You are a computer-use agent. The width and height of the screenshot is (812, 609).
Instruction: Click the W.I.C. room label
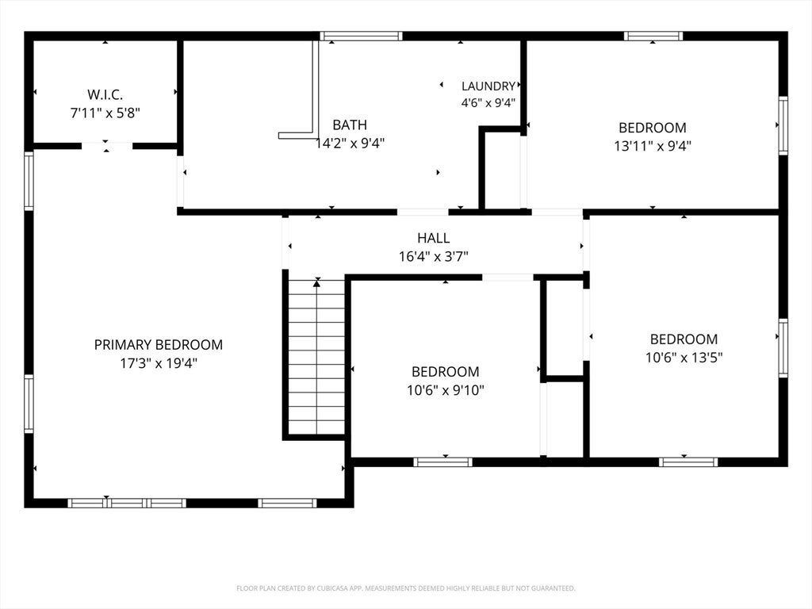click(x=105, y=95)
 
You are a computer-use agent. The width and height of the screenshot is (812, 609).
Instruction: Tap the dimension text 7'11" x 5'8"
click(x=105, y=113)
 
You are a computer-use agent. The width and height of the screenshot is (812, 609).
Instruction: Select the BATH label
click(x=350, y=124)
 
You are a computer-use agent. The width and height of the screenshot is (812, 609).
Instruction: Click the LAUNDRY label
click(x=488, y=86)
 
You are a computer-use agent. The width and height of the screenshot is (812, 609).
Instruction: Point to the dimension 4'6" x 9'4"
click(x=488, y=102)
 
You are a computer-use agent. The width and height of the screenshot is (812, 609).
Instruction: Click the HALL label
click(x=434, y=238)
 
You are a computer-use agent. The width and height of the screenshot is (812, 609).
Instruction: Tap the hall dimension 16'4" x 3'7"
click(x=434, y=256)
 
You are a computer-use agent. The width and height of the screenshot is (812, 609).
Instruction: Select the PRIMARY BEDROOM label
click(x=159, y=345)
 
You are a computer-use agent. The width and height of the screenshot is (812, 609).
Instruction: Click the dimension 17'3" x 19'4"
click(x=159, y=363)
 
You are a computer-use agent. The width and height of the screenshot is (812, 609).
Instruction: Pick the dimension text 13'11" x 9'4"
click(x=653, y=146)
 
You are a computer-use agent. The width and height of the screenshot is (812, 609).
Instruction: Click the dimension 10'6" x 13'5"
click(x=684, y=358)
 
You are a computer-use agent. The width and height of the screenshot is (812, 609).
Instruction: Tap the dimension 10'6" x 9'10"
click(x=446, y=390)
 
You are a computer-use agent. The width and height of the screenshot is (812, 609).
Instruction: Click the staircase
click(x=316, y=358)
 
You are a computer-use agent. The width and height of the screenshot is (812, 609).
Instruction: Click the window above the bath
click(x=361, y=36)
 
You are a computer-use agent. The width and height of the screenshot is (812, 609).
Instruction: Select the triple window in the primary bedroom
click(x=127, y=503)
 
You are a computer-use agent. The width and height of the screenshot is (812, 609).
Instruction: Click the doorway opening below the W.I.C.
click(x=107, y=146)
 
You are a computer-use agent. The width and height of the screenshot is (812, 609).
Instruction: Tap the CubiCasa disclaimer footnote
click(x=406, y=588)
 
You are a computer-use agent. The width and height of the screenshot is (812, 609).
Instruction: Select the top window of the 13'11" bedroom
click(x=653, y=36)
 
